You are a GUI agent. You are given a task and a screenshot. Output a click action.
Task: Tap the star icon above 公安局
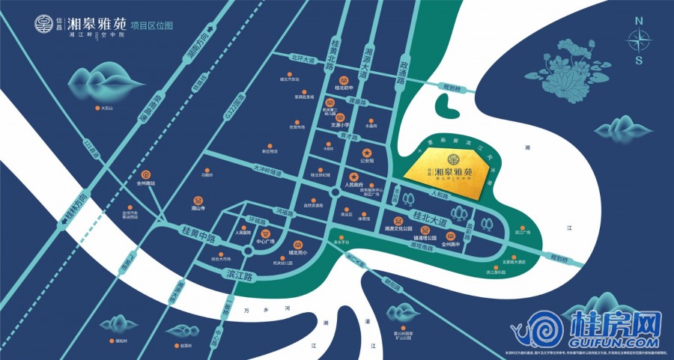pos(367,153)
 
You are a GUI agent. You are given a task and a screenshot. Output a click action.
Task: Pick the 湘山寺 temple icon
pos(198,201)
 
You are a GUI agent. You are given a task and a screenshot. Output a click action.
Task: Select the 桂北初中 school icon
pos(344,79)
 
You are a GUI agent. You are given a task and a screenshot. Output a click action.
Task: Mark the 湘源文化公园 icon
pos(399,220)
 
